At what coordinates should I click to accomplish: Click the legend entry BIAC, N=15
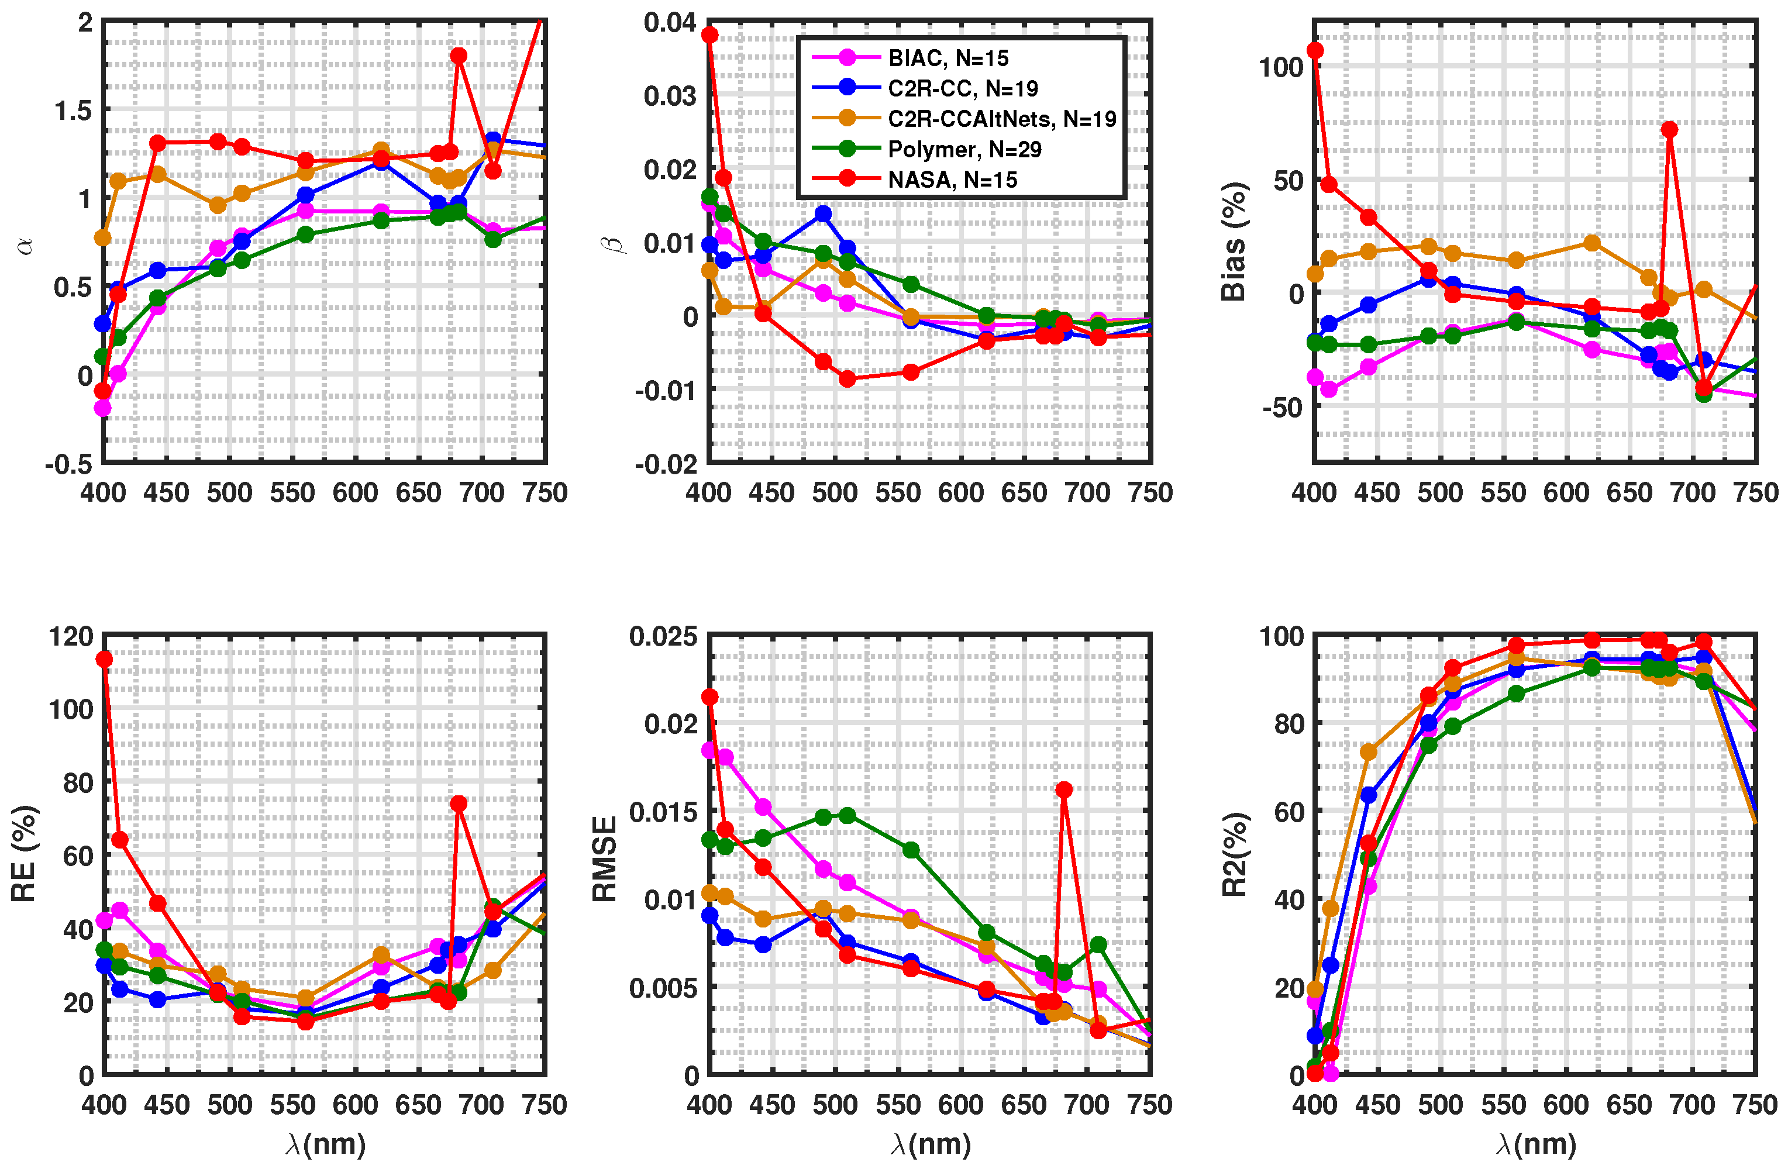(948, 58)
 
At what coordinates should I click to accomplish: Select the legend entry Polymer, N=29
(964, 149)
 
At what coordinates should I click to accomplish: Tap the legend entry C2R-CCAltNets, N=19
(1001, 119)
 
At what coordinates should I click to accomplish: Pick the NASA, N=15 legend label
(952, 180)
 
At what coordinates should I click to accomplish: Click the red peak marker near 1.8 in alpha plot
(459, 56)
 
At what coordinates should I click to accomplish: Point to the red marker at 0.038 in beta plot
(709, 35)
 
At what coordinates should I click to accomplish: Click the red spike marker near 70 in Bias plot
(1669, 129)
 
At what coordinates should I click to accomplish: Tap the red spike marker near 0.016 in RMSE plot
(1064, 789)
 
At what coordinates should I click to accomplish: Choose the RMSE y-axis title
(604, 858)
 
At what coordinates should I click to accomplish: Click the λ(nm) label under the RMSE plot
(931, 1143)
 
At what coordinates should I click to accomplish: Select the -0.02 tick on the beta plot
(666, 464)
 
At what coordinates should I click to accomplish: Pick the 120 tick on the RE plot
(71, 636)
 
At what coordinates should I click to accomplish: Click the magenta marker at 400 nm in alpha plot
(102, 408)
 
